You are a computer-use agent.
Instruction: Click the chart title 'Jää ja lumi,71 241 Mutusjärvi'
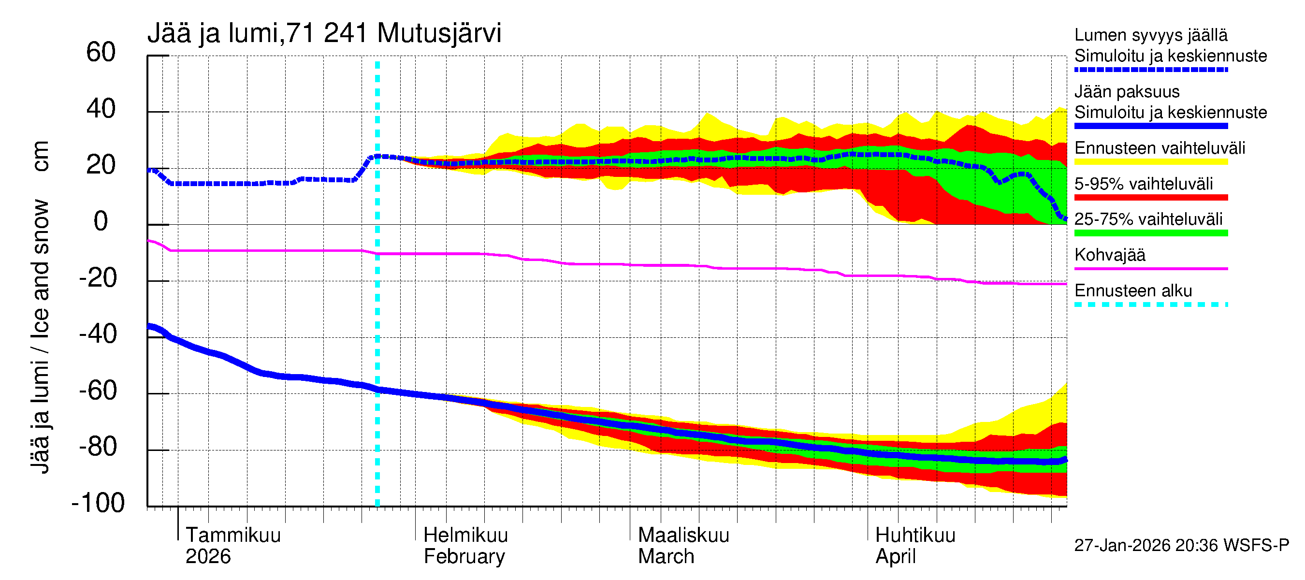324,33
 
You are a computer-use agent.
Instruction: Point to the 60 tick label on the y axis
101,52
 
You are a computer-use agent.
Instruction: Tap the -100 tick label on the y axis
98,503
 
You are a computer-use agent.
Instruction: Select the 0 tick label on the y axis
101,221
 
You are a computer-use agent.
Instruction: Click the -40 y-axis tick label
98,334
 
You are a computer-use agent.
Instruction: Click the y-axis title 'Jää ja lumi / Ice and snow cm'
40,306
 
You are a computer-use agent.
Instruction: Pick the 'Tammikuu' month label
233,535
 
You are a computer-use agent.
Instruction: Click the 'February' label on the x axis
464,556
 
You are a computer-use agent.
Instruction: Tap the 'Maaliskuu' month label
683,535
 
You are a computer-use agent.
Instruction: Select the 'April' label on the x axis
895,556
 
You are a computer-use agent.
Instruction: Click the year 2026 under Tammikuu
208,556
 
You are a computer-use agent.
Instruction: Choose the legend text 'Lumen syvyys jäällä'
1150,35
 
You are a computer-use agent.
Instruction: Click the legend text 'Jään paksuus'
1127,92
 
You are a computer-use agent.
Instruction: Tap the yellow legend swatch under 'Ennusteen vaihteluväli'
1150,161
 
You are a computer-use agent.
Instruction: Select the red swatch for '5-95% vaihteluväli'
1150,197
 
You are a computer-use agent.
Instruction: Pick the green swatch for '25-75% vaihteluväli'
1150,233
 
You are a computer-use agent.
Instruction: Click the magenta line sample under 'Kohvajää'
1150,268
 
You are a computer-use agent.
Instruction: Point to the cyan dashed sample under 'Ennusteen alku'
1150,304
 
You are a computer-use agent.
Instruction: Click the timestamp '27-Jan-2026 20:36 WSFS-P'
1181,546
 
